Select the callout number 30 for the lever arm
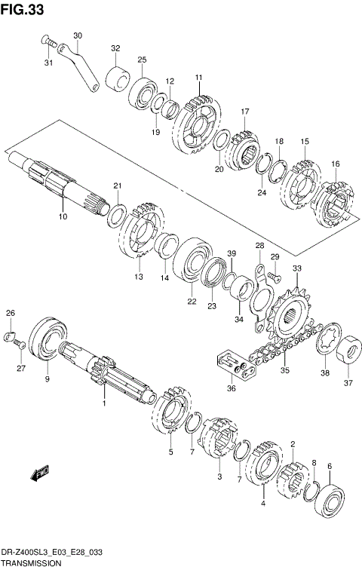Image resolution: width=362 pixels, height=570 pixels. coord(78,35)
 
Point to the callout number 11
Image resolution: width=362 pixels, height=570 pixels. coord(199,78)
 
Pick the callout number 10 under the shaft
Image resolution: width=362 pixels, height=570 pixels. coord(63,216)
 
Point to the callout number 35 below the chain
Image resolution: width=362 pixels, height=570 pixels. coord(284,370)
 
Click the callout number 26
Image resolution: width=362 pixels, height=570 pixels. coord(11,313)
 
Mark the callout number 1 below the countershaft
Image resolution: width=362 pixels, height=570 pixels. coord(104,403)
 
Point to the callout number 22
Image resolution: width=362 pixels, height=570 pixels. coord(192,302)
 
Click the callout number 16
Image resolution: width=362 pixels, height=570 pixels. coord(335,164)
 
